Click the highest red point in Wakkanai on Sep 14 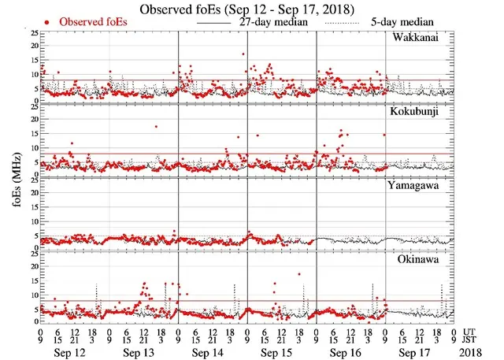pyautogui.click(x=244, y=54)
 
